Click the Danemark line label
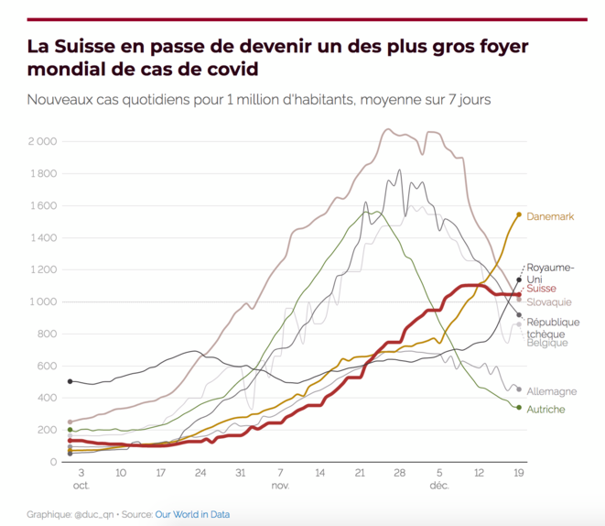pos(550,217)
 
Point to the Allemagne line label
pos(552,391)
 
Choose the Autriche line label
pos(546,409)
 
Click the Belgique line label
pos(547,343)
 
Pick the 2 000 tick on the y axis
pos(42,142)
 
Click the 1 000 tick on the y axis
pos(42,302)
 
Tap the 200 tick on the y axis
pos(46,430)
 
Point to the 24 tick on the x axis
pos(200,474)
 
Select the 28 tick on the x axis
pos(399,474)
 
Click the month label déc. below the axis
pos(440,486)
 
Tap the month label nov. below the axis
pos(280,486)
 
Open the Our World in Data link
pos(195,515)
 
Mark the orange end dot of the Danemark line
pos(519,214)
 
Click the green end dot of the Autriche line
pos(519,408)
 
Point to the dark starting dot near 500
pos(70,381)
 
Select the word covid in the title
pos(228,69)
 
